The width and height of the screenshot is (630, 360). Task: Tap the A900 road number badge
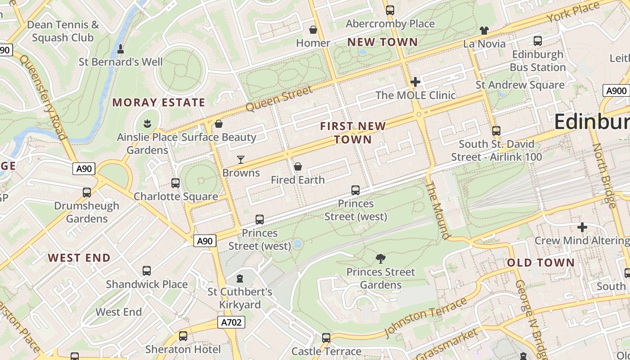click(616, 91)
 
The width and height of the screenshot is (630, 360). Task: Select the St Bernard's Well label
click(121, 62)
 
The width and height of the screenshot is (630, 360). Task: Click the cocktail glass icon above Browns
click(241, 160)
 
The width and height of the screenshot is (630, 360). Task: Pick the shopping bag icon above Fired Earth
click(297, 167)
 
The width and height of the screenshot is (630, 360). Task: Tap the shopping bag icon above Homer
click(313, 30)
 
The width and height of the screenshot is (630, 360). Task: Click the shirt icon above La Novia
click(484, 31)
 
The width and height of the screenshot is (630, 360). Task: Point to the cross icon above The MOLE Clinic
click(415, 82)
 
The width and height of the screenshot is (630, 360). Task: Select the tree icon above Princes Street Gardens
click(381, 259)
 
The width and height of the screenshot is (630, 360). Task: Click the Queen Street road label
click(279, 99)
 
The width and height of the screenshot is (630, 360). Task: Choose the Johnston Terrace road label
click(425, 317)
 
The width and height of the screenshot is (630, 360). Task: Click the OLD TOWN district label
click(541, 263)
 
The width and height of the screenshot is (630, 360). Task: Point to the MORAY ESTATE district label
click(159, 103)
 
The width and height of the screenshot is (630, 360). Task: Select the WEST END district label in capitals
click(79, 258)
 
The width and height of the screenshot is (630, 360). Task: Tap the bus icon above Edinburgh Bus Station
click(537, 41)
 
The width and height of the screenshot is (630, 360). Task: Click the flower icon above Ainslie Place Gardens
click(147, 123)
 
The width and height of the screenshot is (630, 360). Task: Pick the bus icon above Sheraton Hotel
click(183, 336)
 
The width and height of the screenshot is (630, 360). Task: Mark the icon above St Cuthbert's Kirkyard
click(240, 279)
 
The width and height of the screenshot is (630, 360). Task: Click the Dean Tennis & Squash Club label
click(63, 31)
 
